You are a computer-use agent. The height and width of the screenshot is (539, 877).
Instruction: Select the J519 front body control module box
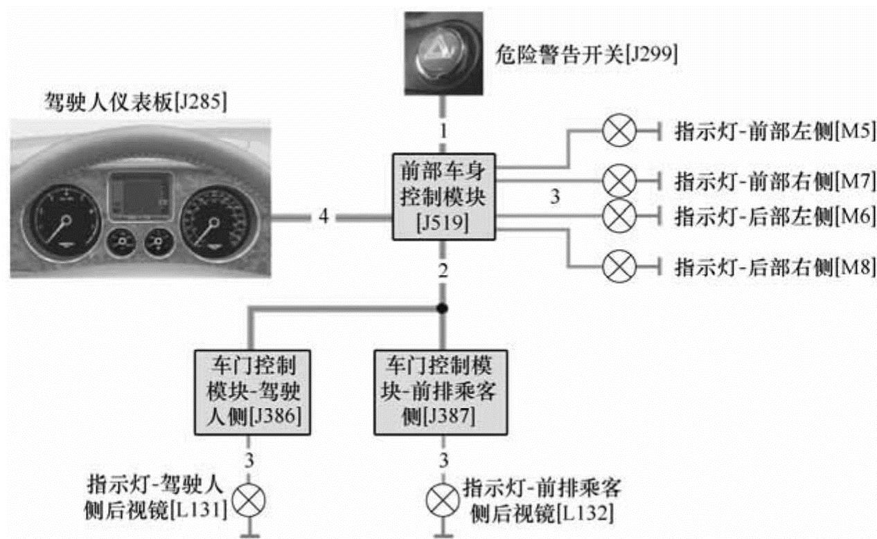point(444,197)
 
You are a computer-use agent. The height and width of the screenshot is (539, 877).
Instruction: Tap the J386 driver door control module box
point(251,392)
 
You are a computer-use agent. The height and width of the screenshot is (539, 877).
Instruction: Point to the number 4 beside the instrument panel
point(324,217)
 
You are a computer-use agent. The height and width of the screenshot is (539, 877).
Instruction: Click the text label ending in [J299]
point(587,53)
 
